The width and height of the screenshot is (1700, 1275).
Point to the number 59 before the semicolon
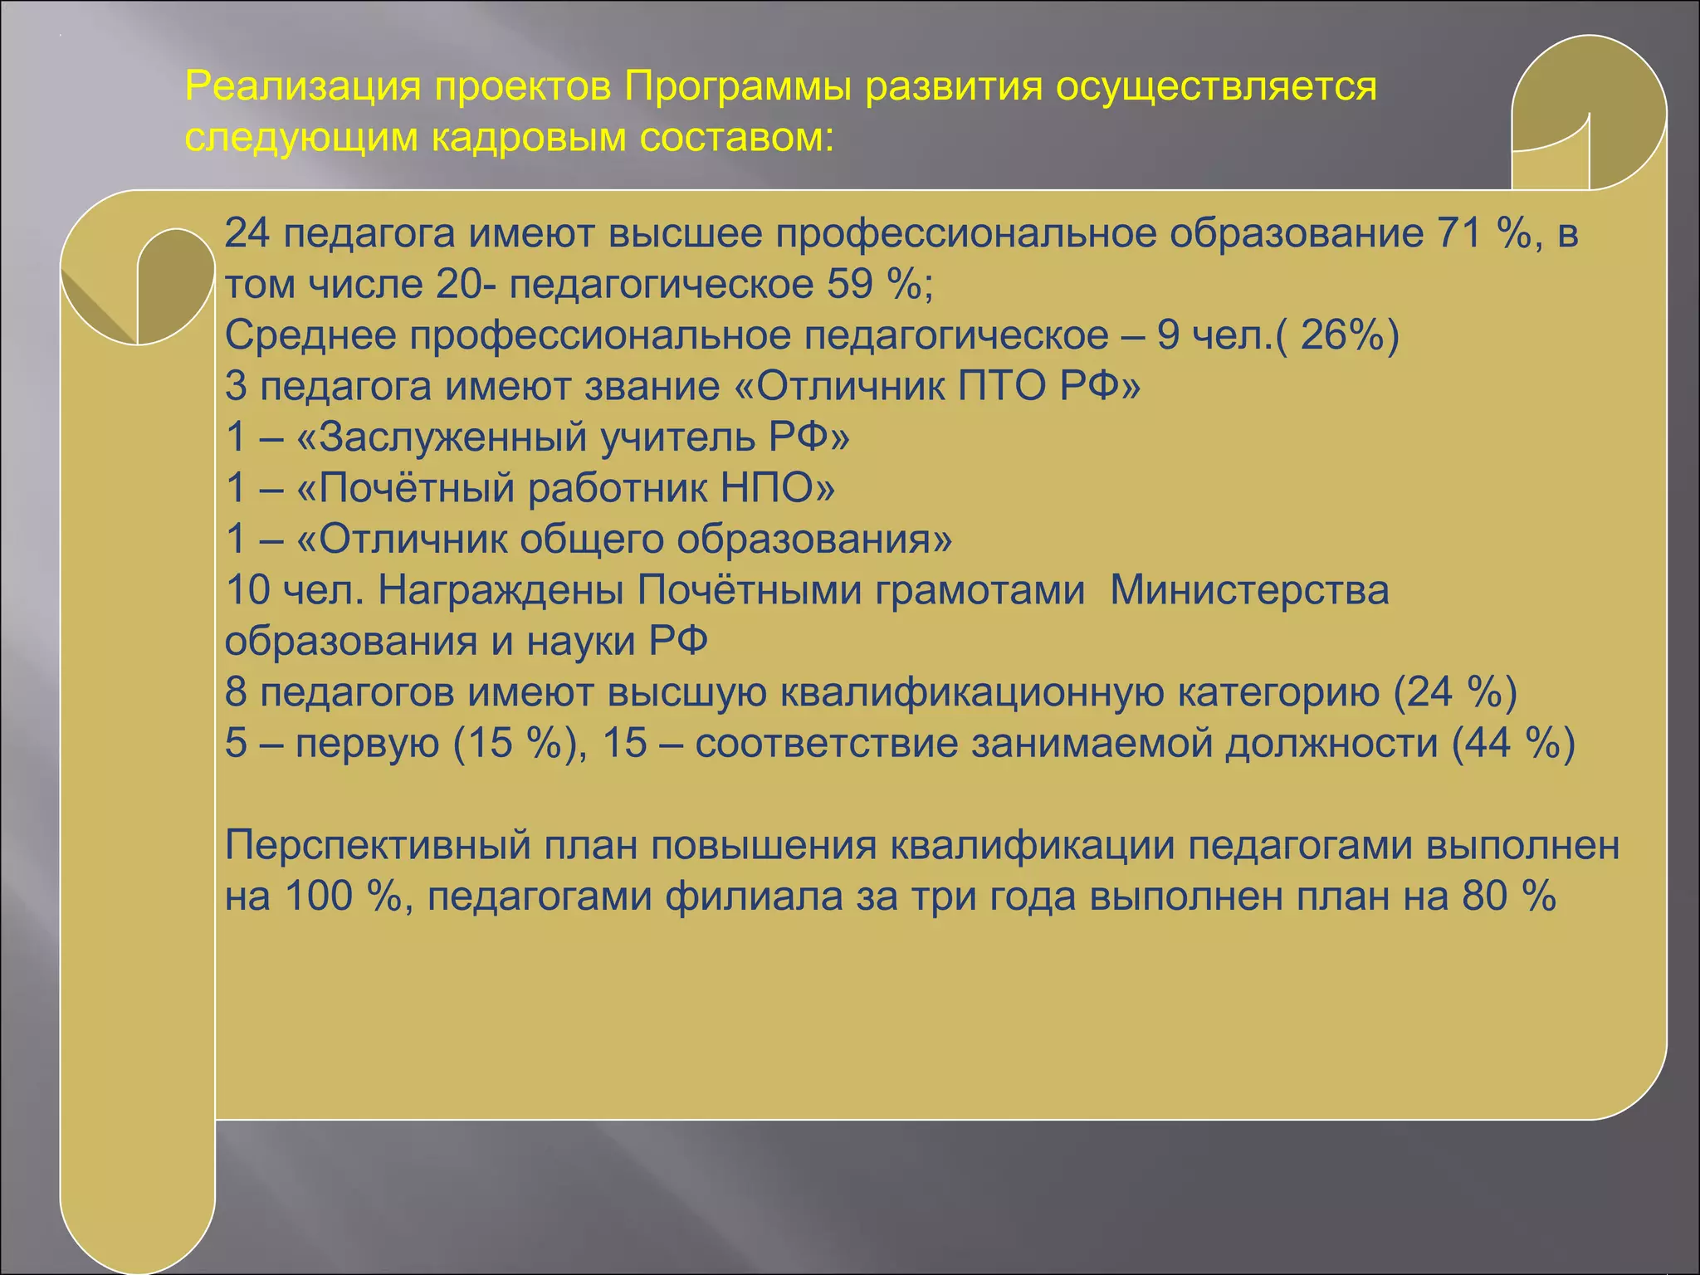[x=849, y=285]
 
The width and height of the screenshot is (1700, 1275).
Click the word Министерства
[x=1249, y=591]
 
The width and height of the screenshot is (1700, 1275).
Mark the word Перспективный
[x=378, y=846]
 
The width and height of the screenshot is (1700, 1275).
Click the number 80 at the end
[x=1485, y=896]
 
